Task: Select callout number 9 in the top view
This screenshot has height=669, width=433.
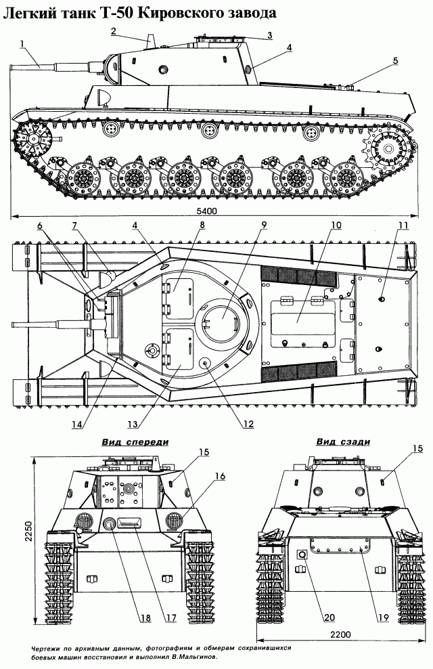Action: coord(264,224)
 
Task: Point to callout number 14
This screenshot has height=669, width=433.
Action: coord(77,425)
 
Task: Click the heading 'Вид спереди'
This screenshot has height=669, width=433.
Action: coord(135,441)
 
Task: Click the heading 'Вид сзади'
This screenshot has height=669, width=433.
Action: coord(343,441)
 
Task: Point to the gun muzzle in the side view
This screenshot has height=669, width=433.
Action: coord(13,66)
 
